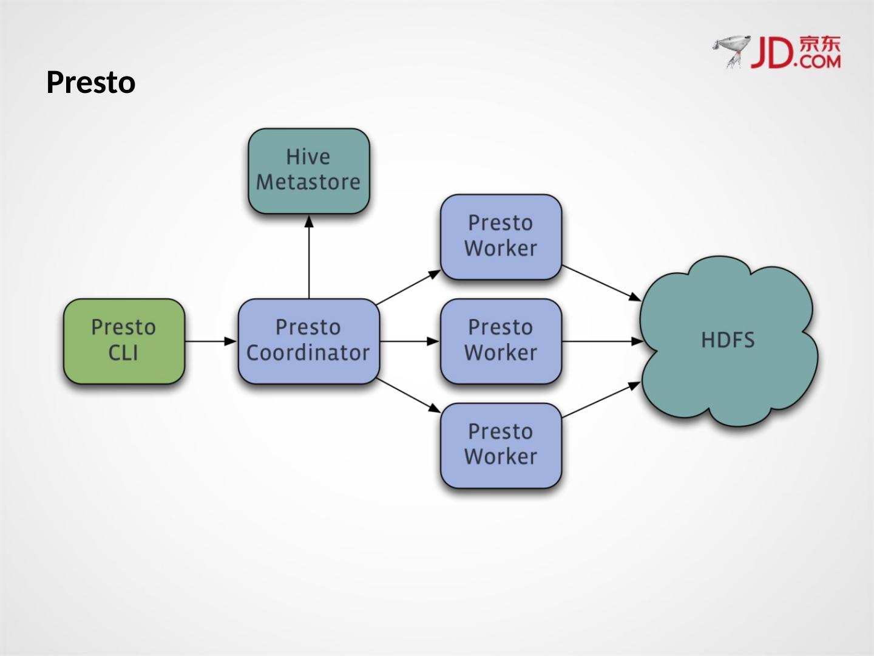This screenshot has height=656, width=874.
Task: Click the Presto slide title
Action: coord(90,83)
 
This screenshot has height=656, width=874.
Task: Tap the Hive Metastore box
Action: coord(308,170)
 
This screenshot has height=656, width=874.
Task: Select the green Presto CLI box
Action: coord(124,341)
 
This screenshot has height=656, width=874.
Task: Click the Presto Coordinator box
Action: coord(308,341)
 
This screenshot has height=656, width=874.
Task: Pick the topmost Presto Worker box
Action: coord(501,236)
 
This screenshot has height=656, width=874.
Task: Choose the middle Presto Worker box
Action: coord(501,341)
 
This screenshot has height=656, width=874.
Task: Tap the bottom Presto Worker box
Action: coord(501,445)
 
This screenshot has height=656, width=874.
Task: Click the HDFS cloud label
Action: coord(728,340)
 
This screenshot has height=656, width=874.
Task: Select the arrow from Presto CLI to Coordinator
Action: coord(210,341)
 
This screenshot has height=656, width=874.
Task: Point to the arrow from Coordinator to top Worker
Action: coord(408,287)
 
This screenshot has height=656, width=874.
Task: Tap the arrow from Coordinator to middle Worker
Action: coord(409,341)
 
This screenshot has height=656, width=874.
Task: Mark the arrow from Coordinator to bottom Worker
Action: coord(408,395)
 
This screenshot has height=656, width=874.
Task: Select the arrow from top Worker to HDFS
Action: coord(601,283)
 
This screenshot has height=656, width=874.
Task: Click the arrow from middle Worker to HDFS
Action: coord(602,341)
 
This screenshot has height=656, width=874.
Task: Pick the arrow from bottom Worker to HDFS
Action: coord(601,400)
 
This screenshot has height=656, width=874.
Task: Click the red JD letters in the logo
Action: coord(772,52)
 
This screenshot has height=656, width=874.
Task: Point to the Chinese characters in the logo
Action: coord(820,44)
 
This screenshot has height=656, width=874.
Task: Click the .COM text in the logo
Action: coord(819,61)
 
